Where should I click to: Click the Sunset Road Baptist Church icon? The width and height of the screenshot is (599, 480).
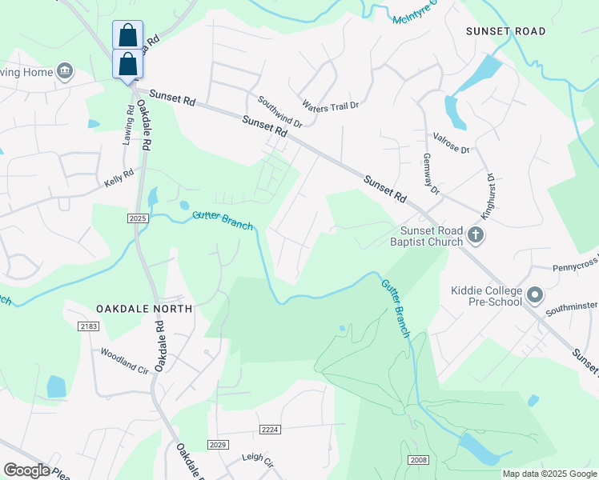(476, 236)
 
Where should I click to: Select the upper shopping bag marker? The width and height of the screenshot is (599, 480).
(127, 35)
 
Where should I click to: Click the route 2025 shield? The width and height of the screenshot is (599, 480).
(138, 218)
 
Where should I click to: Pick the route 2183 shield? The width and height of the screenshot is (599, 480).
(88, 326)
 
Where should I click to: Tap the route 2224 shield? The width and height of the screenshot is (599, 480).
(270, 430)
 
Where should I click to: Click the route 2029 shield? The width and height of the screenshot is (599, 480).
(218, 445)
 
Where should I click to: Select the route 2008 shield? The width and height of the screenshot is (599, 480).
(417, 459)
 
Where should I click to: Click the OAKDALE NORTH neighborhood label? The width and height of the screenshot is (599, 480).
(144, 308)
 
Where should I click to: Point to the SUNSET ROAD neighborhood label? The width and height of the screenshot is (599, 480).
(507, 31)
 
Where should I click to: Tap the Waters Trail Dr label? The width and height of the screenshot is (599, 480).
(331, 105)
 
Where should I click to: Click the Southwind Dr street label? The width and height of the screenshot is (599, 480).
(280, 112)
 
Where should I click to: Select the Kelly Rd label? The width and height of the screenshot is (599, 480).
(119, 178)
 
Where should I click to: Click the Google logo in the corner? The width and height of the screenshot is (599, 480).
(26, 470)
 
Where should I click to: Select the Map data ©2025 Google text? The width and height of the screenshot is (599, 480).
(549, 474)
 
